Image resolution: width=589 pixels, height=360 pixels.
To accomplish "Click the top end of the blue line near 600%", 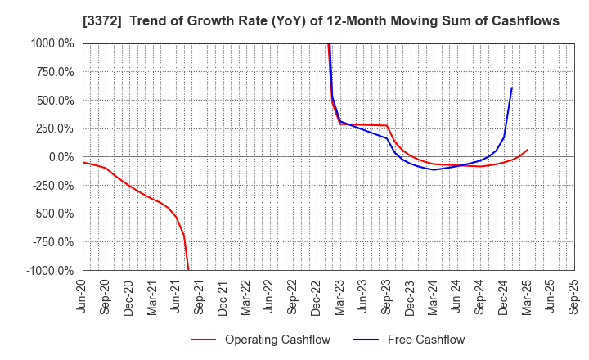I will [x=512, y=88].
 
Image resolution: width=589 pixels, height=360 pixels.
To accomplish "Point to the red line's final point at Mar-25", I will [x=528, y=150].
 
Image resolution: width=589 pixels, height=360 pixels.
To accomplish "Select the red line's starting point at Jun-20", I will [x=83, y=162].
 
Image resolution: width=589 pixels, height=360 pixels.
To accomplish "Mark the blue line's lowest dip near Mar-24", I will [x=434, y=169].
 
